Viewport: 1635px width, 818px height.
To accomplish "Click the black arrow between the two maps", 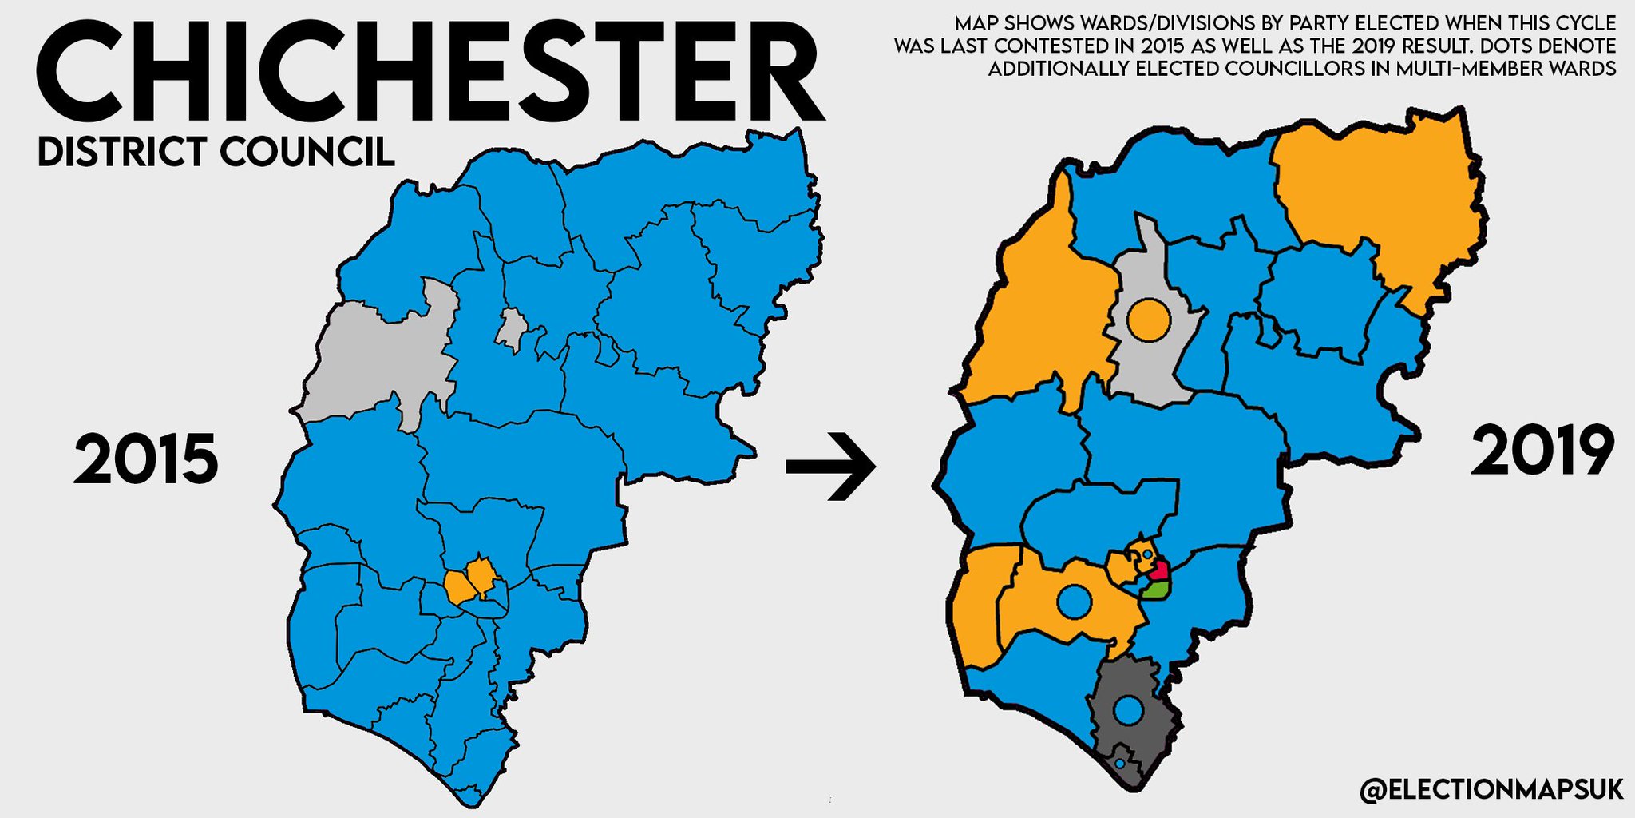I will pos(830,466).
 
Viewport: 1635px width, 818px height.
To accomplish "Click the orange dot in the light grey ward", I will pos(1149,319).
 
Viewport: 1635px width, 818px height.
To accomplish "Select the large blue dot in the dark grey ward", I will pos(1128,709).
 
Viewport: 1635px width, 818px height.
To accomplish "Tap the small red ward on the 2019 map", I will pos(1159,570).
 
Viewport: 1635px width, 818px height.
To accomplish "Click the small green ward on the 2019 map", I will pos(1156,590).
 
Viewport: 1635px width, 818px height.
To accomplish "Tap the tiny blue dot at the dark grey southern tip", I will pos(1119,764).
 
